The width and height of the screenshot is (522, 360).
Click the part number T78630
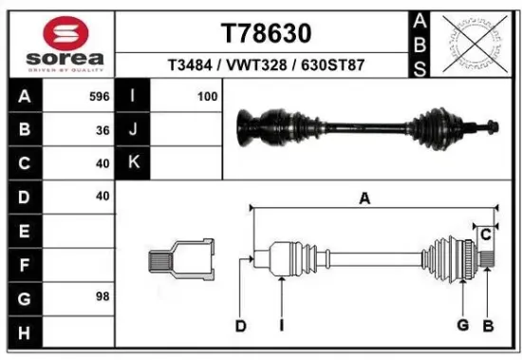pyautogui.click(x=266, y=33)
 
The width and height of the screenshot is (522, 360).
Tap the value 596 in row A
pyautogui.click(x=98, y=96)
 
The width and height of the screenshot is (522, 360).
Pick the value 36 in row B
pyautogui.click(x=102, y=129)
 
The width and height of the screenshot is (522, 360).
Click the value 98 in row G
pyautogui.click(x=102, y=296)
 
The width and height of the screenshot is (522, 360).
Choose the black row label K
pyautogui.click(x=133, y=162)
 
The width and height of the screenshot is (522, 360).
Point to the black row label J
pyautogui.click(x=133, y=129)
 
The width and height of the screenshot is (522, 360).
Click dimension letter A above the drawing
pyautogui.click(x=364, y=198)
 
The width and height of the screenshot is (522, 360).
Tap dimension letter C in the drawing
pyautogui.click(x=485, y=234)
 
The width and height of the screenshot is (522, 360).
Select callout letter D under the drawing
pyautogui.click(x=241, y=326)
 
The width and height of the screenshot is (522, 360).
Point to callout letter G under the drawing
pyautogui.click(x=462, y=326)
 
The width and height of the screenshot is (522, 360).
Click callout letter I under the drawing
pyautogui.click(x=282, y=326)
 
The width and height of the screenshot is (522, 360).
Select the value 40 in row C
pyautogui.click(x=102, y=162)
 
